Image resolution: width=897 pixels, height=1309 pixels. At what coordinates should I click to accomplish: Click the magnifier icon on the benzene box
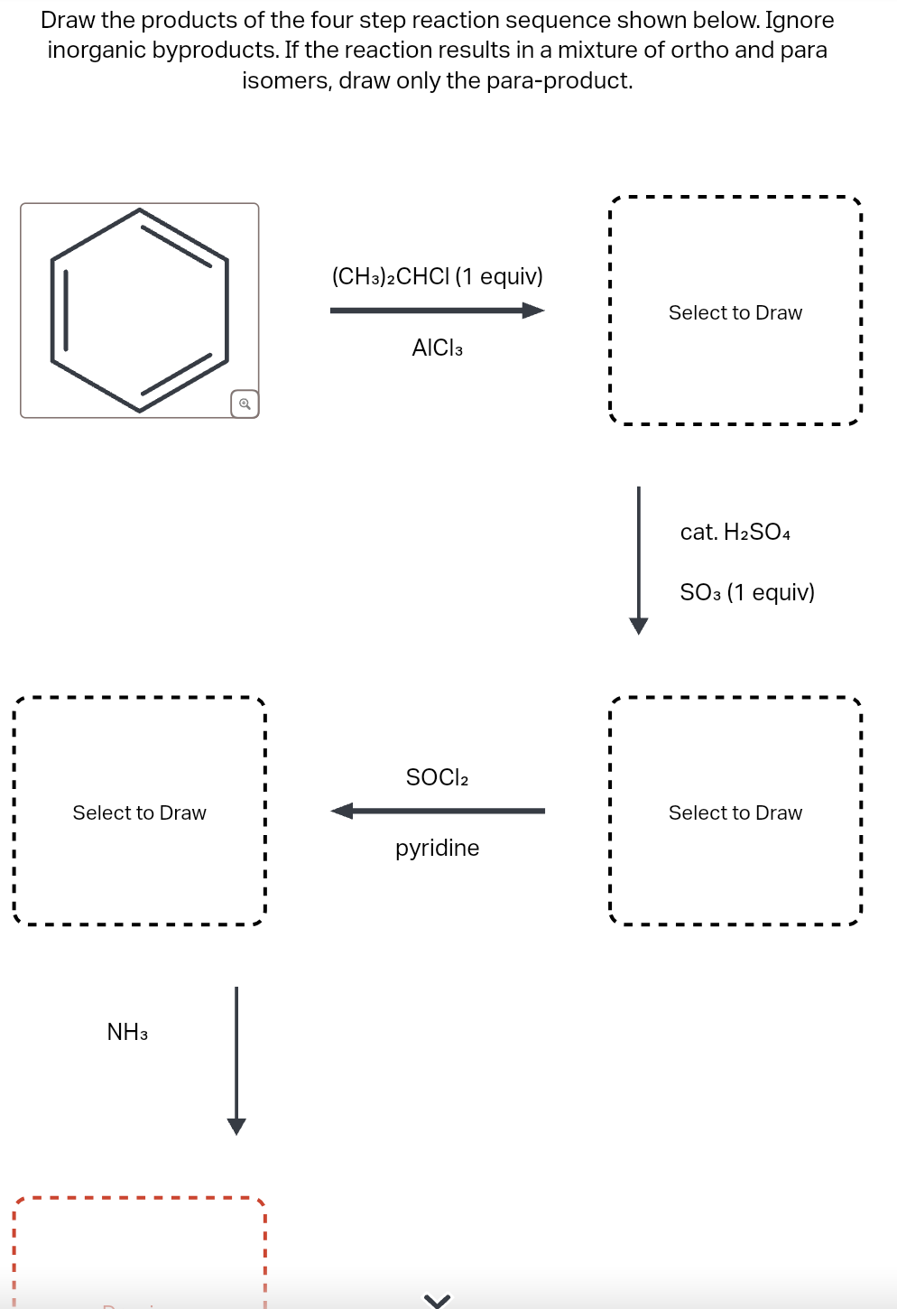pyautogui.click(x=245, y=404)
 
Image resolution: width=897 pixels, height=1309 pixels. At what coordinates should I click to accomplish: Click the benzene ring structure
pyautogui.click(x=139, y=310)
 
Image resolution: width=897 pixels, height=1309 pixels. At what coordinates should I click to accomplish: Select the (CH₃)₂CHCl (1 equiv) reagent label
pyautogui.click(x=437, y=276)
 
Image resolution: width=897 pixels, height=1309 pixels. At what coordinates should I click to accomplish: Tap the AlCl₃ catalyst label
pyautogui.click(x=437, y=348)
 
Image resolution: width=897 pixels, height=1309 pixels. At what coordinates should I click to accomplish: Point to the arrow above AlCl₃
pyautogui.click(x=437, y=311)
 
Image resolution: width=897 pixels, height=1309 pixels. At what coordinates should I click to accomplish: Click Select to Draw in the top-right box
pyautogui.click(x=735, y=312)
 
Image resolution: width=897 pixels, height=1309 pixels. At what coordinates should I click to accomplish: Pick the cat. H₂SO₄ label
pyautogui.click(x=735, y=532)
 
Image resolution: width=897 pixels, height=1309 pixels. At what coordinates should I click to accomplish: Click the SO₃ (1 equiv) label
pyautogui.click(x=746, y=592)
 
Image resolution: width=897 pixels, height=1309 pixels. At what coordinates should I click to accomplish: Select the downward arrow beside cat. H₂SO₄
pyautogui.click(x=639, y=560)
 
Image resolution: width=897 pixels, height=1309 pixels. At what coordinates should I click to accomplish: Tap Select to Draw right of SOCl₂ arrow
pyautogui.click(x=735, y=812)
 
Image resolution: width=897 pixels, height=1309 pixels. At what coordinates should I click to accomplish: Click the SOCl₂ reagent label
pyautogui.click(x=437, y=777)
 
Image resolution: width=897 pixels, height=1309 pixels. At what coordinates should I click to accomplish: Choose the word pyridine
pyautogui.click(x=437, y=848)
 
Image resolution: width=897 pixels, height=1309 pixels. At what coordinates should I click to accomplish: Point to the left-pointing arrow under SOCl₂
pyautogui.click(x=437, y=811)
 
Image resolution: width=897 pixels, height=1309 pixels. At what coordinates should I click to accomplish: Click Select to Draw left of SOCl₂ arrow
pyautogui.click(x=140, y=812)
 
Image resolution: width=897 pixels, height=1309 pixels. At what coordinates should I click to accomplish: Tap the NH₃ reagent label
pyautogui.click(x=127, y=1032)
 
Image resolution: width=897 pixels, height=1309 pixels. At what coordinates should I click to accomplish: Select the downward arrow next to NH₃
pyautogui.click(x=236, y=1060)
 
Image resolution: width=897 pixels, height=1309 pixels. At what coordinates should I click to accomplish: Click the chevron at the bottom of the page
pyautogui.click(x=437, y=1300)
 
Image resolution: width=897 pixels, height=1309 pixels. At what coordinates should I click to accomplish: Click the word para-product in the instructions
pyautogui.click(x=559, y=80)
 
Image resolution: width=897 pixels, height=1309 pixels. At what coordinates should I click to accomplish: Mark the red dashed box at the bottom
pyautogui.click(x=140, y=1255)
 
